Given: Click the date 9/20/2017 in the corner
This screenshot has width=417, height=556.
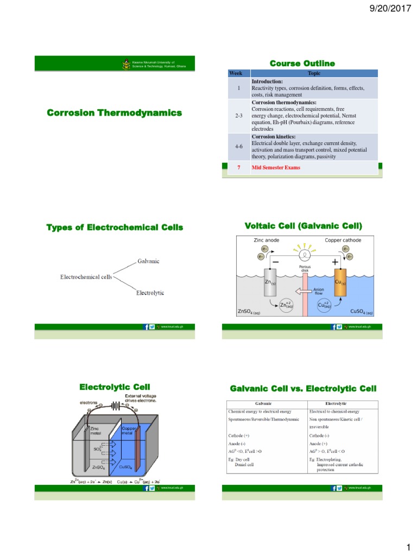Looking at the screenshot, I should (x=393, y=8).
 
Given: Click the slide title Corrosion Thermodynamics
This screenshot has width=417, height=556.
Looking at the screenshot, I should (x=114, y=113).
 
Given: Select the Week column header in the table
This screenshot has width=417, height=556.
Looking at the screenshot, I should (x=236, y=72).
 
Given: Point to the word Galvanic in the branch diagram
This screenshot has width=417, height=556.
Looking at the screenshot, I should (x=148, y=261).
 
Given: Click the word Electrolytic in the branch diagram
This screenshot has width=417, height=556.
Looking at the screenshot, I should (x=150, y=293).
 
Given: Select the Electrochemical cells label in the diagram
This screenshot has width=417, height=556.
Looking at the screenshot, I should (x=86, y=277).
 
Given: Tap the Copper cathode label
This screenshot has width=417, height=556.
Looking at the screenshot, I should (x=342, y=239).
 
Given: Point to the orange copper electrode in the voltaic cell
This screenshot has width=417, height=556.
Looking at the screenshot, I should (x=339, y=282).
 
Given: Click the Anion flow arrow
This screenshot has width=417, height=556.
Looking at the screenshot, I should (x=305, y=291).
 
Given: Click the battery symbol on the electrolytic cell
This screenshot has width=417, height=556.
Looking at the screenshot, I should (x=116, y=405).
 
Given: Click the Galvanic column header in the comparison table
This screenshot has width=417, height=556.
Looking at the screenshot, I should (x=267, y=403).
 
